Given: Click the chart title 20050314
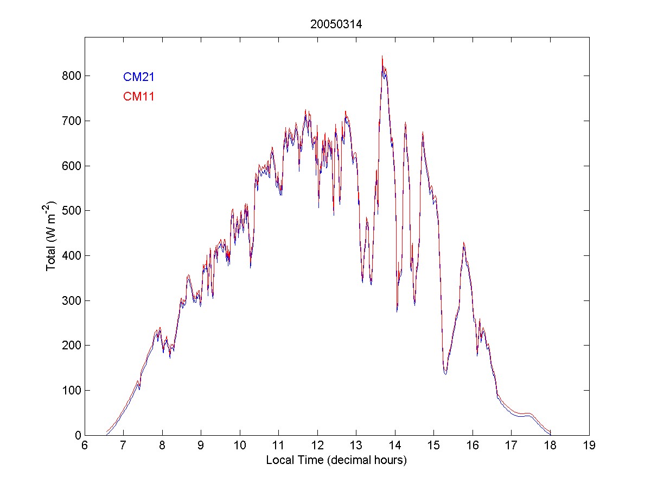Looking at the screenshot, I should point(336,24).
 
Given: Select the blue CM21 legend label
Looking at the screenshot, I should point(139,77).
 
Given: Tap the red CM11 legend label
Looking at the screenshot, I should point(139,97).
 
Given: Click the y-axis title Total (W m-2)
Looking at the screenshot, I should point(52,236).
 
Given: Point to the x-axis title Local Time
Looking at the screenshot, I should point(336,460).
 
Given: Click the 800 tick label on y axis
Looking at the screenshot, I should point(72,76).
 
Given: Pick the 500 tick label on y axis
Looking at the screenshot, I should point(72,210).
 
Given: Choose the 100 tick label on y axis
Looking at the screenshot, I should point(72,390).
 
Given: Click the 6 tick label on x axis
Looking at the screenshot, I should point(85,446).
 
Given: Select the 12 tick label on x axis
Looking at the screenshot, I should point(317,446).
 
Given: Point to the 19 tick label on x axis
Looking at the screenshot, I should point(589,446).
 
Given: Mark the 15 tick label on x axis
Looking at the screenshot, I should point(434,446).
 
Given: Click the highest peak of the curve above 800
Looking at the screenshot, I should point(382,57).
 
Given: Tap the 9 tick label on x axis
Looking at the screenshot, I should point(201,446).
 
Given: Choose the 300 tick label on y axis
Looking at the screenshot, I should point(72,300).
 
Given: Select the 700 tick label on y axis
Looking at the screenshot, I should point(72,121).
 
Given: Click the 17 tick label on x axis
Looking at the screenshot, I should point(512,446).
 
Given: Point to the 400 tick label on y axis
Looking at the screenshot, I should point(72,255).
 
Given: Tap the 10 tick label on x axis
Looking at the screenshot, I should point(240,446).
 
